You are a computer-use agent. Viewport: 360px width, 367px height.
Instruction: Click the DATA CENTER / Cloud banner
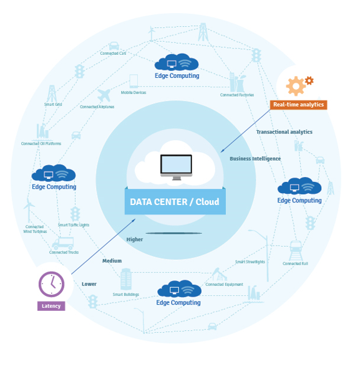coord(175,202)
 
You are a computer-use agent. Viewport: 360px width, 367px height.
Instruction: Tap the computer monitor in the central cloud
coord(176,165)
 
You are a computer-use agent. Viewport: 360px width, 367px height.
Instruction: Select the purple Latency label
coord(51,306)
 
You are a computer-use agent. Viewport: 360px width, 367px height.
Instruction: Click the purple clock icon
coord(51,284)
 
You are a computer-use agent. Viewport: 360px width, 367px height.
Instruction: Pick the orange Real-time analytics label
coord(298,105)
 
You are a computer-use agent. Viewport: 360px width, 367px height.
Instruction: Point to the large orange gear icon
coord(294,86)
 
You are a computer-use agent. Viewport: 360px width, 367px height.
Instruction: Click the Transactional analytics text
coord(284,132)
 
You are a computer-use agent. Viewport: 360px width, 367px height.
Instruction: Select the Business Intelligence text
coord(255,159)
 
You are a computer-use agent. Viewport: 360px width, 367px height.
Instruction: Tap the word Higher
coord(135,239)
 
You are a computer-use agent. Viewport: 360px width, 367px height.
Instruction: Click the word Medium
coord(112,260)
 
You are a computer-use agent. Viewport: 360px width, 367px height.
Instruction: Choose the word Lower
coord(89,284)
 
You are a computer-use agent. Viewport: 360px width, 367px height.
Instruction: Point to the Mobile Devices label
coord(134,93)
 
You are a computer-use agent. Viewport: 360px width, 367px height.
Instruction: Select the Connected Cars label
coord(113,54)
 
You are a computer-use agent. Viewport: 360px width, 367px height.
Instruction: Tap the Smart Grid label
coord(53,105)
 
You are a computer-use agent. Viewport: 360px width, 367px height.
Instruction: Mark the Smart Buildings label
coord(125,294)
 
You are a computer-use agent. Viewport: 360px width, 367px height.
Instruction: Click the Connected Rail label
coord(295,264)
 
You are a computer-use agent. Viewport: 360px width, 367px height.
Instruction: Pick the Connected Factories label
coord(237,95)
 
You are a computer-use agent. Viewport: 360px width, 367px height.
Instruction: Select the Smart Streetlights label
coord(250,262)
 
